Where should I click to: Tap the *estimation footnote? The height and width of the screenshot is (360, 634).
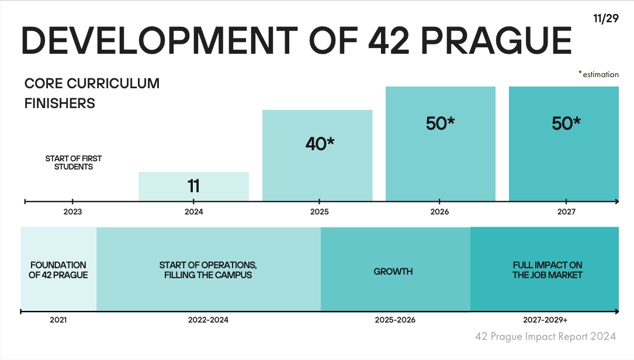point(598,74)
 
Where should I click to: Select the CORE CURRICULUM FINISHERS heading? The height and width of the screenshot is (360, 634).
point(92,94)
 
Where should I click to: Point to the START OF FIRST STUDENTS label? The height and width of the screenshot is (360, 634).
point(70,162)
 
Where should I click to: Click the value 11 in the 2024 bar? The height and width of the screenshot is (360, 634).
point(193,186)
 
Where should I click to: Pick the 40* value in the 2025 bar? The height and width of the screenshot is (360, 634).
point(319,144)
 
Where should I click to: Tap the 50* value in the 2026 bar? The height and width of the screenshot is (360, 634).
point(440,123)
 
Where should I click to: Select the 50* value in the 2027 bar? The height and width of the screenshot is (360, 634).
point(566,123)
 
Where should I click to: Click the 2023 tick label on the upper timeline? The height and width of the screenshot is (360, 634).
point(72,212)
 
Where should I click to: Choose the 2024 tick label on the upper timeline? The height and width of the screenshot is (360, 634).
point(193,212)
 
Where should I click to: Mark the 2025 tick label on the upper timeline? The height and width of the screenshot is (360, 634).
point(319,212)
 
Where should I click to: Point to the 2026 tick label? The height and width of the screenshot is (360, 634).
point(439,212)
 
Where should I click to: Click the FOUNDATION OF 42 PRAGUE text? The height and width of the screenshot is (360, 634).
point(58,269)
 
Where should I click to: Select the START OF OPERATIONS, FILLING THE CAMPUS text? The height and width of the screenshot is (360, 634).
point(208,269)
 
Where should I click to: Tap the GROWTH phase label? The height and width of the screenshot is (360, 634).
point(393,271)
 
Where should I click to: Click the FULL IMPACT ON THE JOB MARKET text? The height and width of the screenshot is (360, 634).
point(548,269)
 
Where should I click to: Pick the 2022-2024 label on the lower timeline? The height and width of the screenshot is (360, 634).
point(208,320)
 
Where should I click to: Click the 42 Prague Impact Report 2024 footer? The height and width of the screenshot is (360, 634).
point(545,337)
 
